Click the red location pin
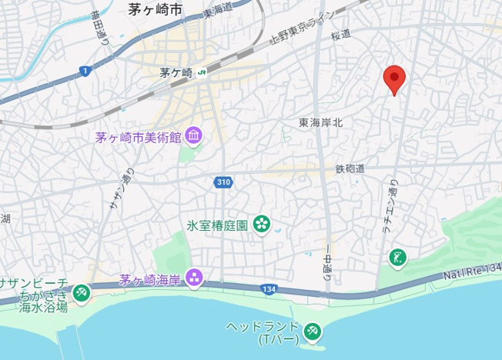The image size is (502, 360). (394, 78)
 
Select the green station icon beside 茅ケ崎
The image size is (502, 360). (201, 73)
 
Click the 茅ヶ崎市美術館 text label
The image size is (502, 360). (138, 138)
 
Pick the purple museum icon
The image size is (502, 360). (193, 138)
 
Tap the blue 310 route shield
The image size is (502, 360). (223, 182)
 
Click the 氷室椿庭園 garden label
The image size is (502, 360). (216, 225)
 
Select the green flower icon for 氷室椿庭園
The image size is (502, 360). (263, 225)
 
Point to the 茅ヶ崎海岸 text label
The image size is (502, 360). (149, 278)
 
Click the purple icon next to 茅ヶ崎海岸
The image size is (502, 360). (193, 278)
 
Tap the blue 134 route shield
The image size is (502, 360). (268, 288)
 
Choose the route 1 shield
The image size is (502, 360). (84, 72)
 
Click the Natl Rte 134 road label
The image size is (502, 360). (472, 269)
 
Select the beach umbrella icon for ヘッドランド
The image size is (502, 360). (312, 331)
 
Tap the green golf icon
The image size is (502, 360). (397, 257)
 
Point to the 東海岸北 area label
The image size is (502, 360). (320, 122)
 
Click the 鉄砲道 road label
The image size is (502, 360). (350, 168)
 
